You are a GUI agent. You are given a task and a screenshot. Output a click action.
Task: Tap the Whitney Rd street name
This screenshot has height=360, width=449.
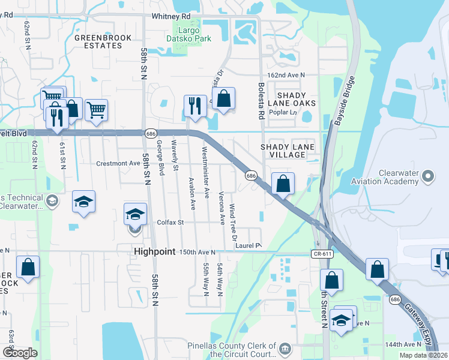click(171, 16)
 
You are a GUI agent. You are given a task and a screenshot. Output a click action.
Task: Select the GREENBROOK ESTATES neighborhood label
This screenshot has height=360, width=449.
click(94, 41)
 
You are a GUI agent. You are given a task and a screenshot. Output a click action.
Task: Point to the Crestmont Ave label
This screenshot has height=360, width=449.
click(118, 163)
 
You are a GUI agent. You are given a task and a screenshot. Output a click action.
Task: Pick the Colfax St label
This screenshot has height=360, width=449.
click(170, 222)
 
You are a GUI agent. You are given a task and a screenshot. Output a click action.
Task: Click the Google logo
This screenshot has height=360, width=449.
click(20, 353)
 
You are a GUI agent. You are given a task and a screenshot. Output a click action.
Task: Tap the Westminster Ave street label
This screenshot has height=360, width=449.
click(206, 172)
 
